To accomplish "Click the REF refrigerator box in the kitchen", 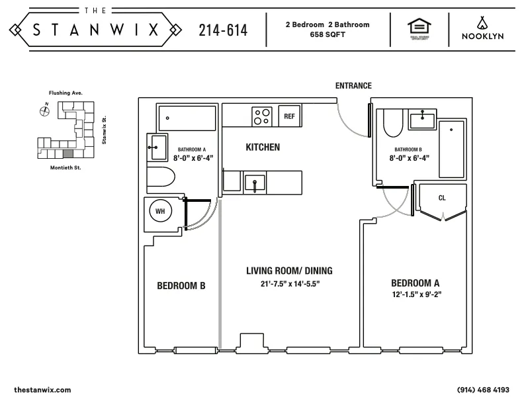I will [x=289, y=116].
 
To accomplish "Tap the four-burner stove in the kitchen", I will [x=262, y=116].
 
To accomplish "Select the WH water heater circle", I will [x=159, y=211].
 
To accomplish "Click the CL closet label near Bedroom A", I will [x=442, y=198].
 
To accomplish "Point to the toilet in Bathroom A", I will [x=159, y=177].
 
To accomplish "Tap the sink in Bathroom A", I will [x=157, y=146].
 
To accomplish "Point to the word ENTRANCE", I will [x=353, y=86].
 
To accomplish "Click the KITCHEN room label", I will [x=263, y=147].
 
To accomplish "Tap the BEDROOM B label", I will [x=181, y=286].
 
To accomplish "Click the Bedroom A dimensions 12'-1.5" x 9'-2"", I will [x=416, y=293].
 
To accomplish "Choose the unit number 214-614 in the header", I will [x=223, y=30].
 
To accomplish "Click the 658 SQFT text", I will [x=327, y=34].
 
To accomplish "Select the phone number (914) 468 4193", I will [x=483, y=390].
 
